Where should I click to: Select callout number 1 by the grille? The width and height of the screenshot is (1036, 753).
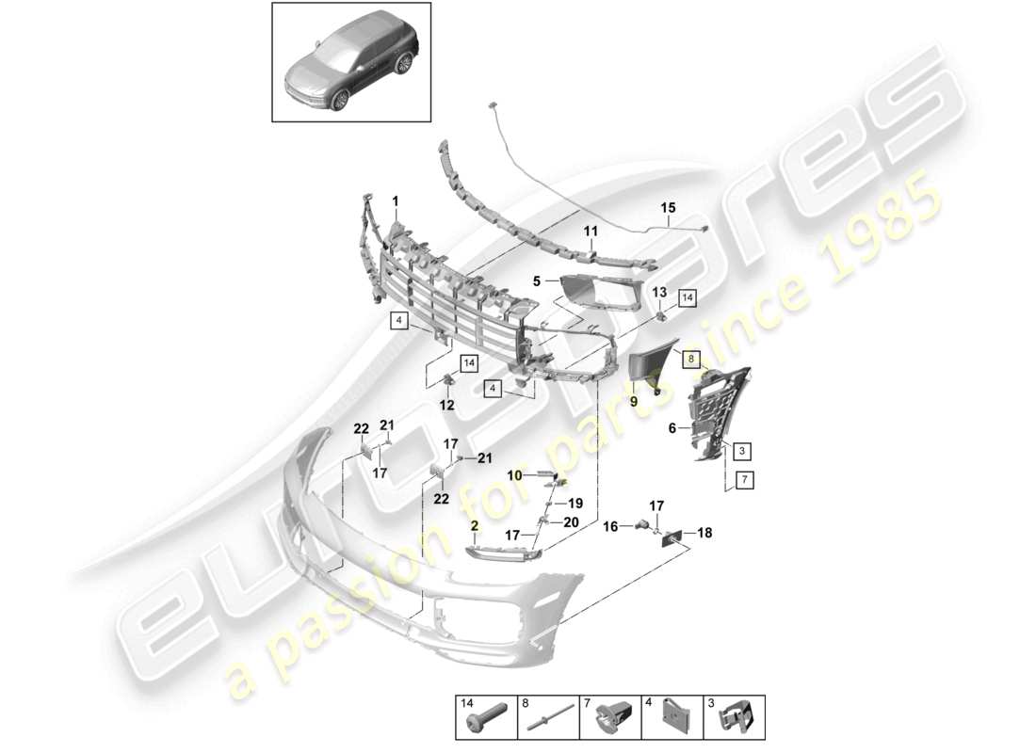[396, 200]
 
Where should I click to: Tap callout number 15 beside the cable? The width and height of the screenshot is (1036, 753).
[668, 208]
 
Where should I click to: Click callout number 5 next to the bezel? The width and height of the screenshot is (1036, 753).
[538, 280]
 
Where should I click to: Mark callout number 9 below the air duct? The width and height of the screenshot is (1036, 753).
[634, 401]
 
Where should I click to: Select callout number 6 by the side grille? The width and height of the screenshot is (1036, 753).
[672, 427]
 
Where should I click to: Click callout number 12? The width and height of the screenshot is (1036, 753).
[446, 405]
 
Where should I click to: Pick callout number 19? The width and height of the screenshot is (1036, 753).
[575, 503]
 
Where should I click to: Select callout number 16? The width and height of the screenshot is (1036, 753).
[609, 526]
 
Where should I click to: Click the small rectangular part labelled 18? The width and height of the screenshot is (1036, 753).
[674, 537]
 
